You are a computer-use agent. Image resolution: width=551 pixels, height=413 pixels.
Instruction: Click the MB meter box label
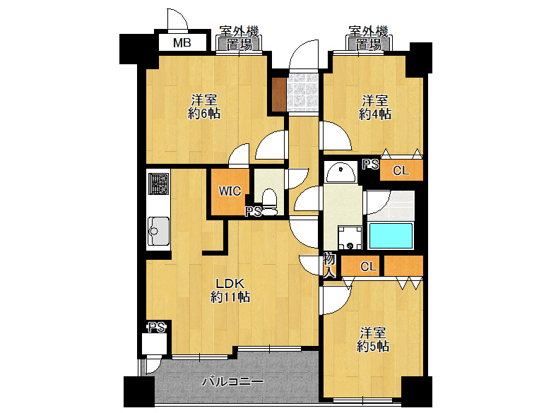pos(182,43)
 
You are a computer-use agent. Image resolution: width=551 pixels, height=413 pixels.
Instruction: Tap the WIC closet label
pos(230,191)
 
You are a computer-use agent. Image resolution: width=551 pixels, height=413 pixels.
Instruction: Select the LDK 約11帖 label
pos(230,290)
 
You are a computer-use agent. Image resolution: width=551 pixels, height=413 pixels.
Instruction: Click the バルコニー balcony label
pos(232,381)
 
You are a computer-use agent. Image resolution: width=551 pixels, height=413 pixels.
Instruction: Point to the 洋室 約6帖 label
pos(204,107)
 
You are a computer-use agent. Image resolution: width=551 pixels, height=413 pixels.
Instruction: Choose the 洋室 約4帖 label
pos(375,107)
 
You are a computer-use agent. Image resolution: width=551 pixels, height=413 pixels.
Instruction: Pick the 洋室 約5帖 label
pos(373,340)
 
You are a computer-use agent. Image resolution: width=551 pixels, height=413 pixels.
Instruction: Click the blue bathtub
pos(391,236)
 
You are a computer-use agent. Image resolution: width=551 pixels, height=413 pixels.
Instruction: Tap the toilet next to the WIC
pos(270,203)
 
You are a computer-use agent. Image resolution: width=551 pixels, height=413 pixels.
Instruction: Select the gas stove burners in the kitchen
pos(158,184)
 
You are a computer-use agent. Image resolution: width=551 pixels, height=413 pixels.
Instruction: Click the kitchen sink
pos(158,231)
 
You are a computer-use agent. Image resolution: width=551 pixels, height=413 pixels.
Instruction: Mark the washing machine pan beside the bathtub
pos(350,238)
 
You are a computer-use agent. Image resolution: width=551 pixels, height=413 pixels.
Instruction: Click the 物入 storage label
pos(329,266)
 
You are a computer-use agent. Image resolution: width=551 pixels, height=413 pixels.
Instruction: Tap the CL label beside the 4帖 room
pos(401,171)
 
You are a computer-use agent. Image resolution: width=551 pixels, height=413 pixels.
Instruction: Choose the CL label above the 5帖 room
pos(368,267)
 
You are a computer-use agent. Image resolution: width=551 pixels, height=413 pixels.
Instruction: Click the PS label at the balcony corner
pos(157,328)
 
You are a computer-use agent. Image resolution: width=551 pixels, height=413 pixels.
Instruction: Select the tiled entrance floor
pos(302,92)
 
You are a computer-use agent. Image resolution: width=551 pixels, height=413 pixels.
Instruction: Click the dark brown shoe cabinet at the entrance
pos(279,95)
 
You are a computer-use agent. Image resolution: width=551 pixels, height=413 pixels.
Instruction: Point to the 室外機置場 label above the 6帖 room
pos(239,38)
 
